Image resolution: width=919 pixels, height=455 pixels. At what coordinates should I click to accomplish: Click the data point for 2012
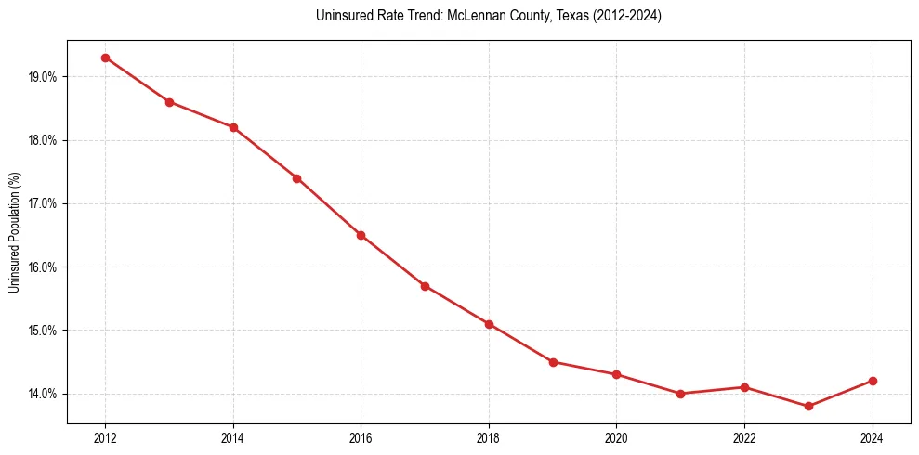[105, 58]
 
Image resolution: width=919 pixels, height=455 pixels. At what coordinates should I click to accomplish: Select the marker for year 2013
[169, 102]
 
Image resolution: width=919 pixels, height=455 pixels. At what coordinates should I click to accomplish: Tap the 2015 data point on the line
[297, 178]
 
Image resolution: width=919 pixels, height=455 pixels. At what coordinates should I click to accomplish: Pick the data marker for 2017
[425, 286]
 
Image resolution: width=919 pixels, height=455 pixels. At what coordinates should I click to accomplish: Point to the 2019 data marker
[553, 362]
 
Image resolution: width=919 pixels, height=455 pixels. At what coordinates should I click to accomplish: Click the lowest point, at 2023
[808, 407]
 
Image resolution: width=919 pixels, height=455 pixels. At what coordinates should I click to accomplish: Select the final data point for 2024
[873, 381]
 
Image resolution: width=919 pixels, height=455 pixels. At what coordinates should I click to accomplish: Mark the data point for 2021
[680, 394]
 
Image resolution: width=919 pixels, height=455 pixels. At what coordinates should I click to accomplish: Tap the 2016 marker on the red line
[361, 235]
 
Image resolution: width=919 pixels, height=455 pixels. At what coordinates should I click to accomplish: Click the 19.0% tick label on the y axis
[43, 77]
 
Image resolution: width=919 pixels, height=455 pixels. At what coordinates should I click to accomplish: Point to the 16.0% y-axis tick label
[43, 267]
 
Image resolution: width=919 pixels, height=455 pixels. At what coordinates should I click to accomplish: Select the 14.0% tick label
[43, 394]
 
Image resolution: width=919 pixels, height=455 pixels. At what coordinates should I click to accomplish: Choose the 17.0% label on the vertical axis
[43, 203]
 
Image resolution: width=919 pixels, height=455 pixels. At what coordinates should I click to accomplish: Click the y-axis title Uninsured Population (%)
[14, 232]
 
